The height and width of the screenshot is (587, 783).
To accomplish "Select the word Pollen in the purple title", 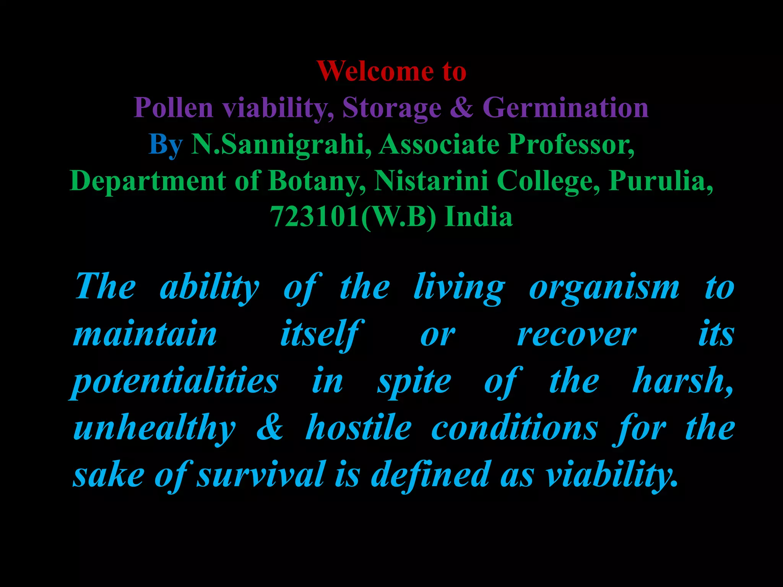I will [x=173, y=108].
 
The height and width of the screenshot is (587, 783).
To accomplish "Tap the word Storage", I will [x=392, y=108].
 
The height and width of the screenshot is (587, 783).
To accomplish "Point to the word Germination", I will [x=565, y=107].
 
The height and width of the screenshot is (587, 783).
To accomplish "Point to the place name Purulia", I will [x=660, y=181].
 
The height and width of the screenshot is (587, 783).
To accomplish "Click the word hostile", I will [x=359, y=428].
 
